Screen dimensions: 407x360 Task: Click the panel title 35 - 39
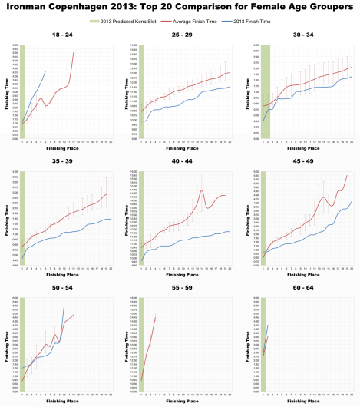(59, 163)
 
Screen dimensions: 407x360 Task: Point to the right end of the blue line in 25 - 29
(230, 87)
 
